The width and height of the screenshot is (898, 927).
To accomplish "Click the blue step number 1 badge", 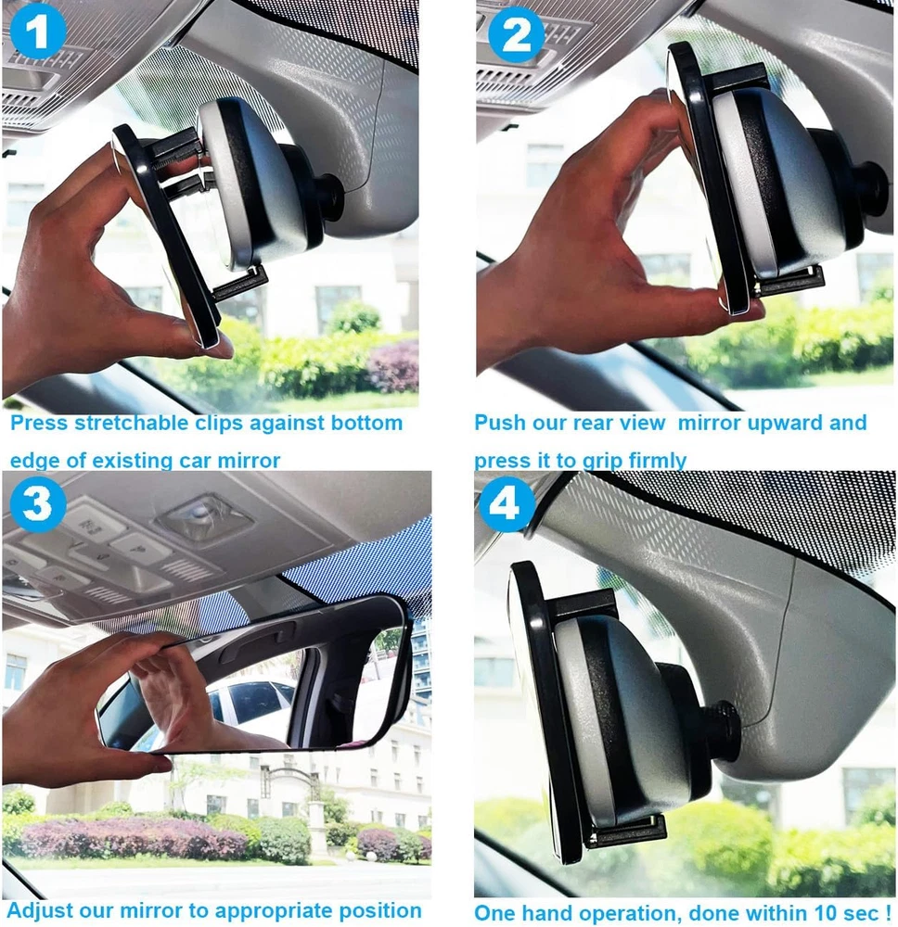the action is coord(38,31).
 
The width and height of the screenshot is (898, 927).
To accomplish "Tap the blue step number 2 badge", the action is coord(517,33).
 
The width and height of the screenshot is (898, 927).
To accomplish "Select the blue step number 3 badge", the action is coord(37,504).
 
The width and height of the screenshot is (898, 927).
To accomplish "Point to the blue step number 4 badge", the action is coord(507,504).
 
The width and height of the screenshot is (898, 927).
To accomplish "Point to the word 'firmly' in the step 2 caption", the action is coord(658,460).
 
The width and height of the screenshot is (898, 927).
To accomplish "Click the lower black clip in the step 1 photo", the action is coord(237,282).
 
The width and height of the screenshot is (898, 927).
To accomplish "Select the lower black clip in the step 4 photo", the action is coord(624,831).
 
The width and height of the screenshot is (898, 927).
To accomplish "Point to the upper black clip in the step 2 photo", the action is coord(738,80).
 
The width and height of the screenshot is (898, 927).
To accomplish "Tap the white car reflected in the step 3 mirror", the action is coord(251,702).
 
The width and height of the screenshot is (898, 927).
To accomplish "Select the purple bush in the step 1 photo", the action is coord(394,366).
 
